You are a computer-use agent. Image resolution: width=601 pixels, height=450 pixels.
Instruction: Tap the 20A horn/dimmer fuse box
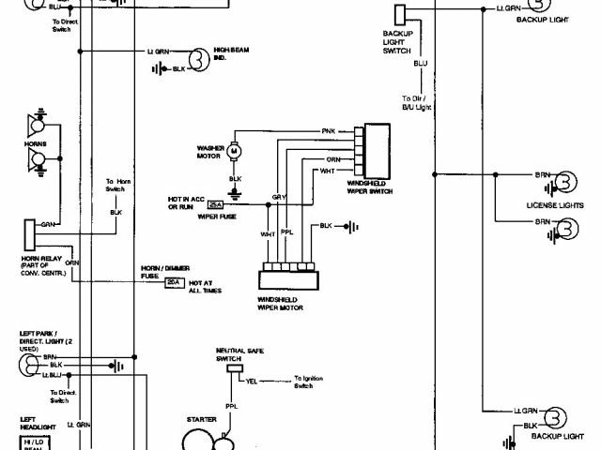(x=173, y=281)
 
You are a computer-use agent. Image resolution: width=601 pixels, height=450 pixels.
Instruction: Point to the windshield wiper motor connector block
(x=285, y=279)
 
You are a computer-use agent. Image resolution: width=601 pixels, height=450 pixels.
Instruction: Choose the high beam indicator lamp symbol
(x=197, y=58)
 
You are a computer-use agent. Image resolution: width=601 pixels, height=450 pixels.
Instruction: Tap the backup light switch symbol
(x=400, y=14)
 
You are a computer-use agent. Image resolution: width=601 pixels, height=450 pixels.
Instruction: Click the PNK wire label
(x=328, y=131)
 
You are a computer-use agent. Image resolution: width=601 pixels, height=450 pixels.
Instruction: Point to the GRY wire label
(x=278, y=198)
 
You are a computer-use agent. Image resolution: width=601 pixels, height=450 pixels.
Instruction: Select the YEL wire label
(x=252, y=382)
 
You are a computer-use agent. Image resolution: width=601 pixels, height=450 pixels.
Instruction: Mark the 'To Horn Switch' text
(x=116, y=186)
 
